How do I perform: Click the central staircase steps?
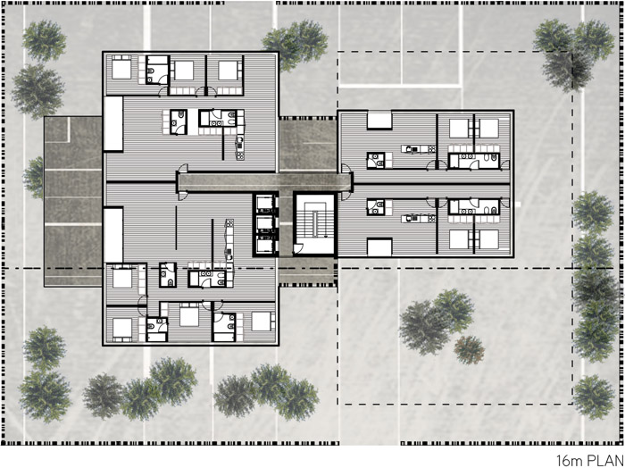click(x=315, y=221)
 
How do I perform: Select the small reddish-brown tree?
click(x=469, y=350)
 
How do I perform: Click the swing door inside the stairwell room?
click(x=297, y=249)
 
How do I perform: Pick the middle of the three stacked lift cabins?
click(x=264, y=223)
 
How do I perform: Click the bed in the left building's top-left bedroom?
click(x=121, y=68)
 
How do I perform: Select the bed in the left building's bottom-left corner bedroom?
click(x=122, y=329)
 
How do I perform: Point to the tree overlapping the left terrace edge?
click(x=35, y=178)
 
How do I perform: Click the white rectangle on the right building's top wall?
click(x=379, y=120)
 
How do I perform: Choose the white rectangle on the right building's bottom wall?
click(x=379, y=247)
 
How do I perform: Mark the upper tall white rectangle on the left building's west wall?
click(x=113, y=123)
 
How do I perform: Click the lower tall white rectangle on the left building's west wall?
click(x=113, y=235)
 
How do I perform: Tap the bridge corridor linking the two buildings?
click(x=265, y=182)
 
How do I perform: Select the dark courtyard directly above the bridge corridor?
click(x=308, y=144)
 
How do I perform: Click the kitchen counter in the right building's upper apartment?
click(x=418, y=149)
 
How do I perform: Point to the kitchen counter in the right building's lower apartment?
click(x=418, y=218)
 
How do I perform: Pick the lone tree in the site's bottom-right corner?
click(x=594, y=397)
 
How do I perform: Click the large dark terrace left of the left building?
click(x=73, y=201)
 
